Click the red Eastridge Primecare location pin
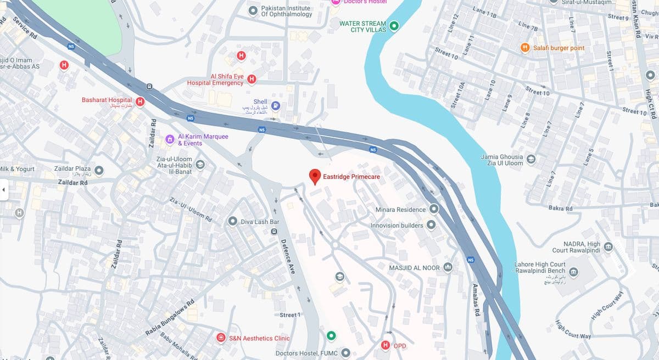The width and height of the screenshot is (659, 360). point(315,176)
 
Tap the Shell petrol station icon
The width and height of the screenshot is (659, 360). point(276,106)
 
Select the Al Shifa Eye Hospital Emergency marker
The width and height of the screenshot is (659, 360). point(252,79)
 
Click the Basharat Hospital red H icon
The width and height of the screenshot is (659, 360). point(140,101)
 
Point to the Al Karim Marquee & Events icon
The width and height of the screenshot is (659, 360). point(170,139)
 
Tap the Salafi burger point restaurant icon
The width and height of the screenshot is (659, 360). point(525,48)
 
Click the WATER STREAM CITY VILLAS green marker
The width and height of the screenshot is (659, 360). point(394,25)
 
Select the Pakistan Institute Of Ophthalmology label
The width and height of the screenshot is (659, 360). point(286,11)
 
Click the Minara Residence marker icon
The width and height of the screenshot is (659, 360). point(434,209)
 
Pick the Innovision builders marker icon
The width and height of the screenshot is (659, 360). point(431,225)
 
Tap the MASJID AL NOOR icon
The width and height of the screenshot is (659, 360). point(448,267)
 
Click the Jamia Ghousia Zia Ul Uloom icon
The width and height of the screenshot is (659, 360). point(531,159)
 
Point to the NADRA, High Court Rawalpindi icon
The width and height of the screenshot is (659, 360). point(608,246)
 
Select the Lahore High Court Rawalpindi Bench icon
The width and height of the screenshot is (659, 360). point(573,272)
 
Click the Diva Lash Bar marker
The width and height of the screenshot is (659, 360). point(232,222)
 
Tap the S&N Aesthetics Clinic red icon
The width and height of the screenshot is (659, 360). point(221,337)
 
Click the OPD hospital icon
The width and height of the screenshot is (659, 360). point(385,345)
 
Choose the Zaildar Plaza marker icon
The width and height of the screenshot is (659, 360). point(99,170)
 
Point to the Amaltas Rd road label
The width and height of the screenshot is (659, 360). point(476,300)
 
